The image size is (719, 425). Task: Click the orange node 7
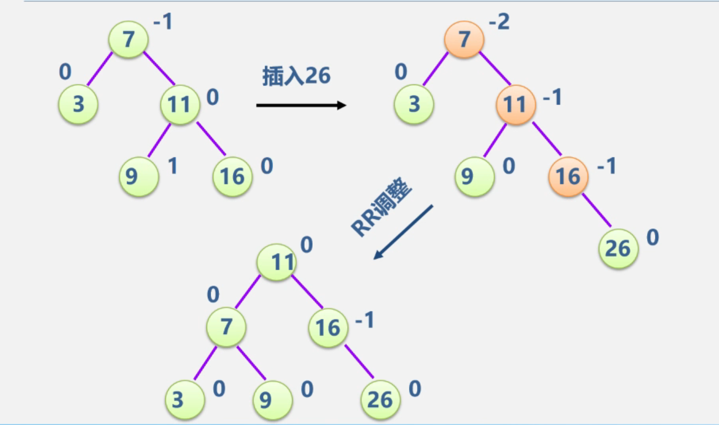tap(464, 40)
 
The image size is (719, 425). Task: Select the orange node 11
tap(515, 105)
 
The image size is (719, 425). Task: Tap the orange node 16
tap(568, 176)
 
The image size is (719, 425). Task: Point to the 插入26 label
tap(296, 76)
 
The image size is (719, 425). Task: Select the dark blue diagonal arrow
tap(403, 232)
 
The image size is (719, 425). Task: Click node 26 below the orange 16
tap(618, 248)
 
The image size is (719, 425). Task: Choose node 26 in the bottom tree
tap(380, 400)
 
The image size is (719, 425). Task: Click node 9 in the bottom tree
tap(272, 400)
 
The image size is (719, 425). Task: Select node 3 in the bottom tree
tap(184, 400)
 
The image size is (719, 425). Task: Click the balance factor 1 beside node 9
tap(172, 166)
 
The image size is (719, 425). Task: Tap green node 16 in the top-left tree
tap(232, 176)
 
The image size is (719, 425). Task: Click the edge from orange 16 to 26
tap(596, 211)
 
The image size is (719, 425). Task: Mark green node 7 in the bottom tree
tap(226, 328)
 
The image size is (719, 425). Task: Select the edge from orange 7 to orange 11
tap(496, 69)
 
